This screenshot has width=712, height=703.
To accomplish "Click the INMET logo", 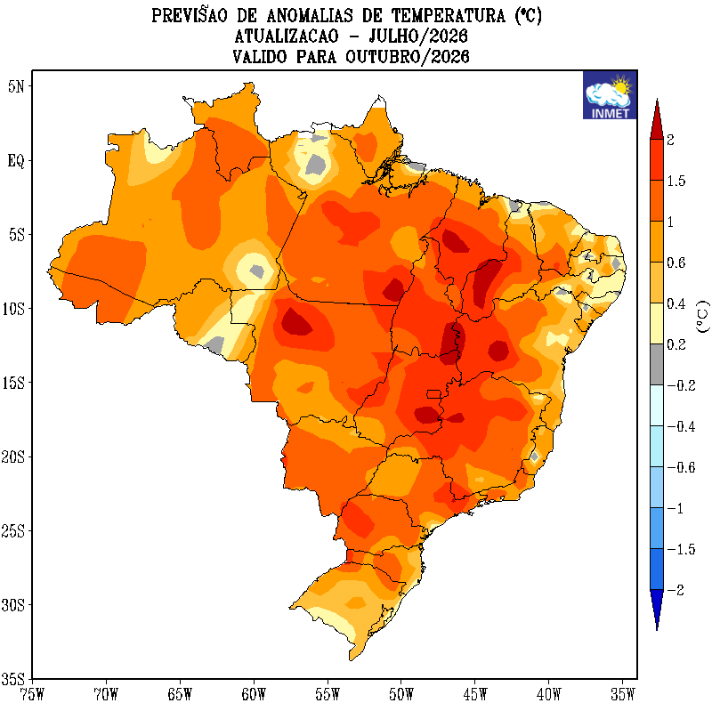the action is tap(610, 95).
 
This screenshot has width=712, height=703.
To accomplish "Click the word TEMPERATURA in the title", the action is tap(448, 16).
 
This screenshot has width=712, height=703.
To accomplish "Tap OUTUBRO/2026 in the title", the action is tap(407, 57).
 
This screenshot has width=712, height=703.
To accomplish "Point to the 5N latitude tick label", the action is tap(16, 86).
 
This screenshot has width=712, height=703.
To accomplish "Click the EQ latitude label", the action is tap(16, 161).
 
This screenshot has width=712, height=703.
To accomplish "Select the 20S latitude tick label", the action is tap(12, 457).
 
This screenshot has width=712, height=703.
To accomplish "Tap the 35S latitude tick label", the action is tap(12, 679).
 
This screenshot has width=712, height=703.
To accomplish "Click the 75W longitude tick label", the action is tap(32, 694).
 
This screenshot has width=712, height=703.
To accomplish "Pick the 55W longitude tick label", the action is tap(328, 694).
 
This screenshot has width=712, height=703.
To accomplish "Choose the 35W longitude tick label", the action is tap(622, 694).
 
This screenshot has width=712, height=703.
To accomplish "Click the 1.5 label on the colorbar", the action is tap(676, 182).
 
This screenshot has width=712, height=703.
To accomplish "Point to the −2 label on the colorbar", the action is tap(676, 590).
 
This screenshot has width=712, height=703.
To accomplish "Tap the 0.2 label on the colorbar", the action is tap(676, 344).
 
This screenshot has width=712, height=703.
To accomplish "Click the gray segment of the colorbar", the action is tap(657, 365).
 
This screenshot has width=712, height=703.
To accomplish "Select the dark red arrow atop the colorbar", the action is tap(657, 120).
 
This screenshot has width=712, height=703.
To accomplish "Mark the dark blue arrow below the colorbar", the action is tap(657, 610).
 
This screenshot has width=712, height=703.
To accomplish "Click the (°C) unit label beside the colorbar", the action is tap(702, 317).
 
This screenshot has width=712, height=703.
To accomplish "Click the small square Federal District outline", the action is tap(434, 394).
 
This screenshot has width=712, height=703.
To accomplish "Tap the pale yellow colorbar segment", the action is tap(657, 324).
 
